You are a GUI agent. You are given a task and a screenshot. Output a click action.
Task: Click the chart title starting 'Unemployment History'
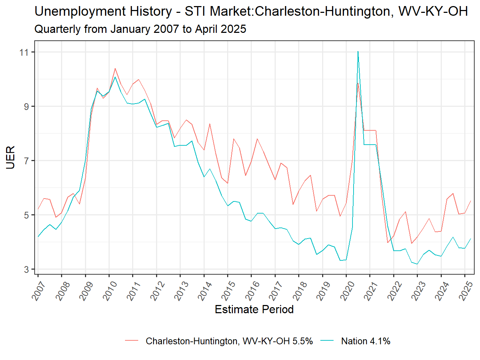[251, 11]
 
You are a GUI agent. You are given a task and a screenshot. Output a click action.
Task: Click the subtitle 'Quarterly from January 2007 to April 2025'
[140, 29]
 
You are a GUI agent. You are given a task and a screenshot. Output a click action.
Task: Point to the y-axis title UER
[10, 157]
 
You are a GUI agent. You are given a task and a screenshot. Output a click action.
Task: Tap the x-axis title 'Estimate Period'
[254, 309]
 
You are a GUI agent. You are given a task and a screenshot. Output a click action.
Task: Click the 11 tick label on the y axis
[24, 52]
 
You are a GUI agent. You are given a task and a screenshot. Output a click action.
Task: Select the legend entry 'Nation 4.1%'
[365, 341]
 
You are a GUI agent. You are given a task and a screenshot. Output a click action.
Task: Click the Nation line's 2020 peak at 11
[358, 51]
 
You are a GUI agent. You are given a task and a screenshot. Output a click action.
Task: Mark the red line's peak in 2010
[115, 68]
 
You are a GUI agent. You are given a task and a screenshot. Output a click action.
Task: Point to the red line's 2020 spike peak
[357, 83]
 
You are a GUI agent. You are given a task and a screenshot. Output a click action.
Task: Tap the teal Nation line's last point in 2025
[471, 239]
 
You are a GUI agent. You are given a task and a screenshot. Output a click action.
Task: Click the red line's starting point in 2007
[38, 209]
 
